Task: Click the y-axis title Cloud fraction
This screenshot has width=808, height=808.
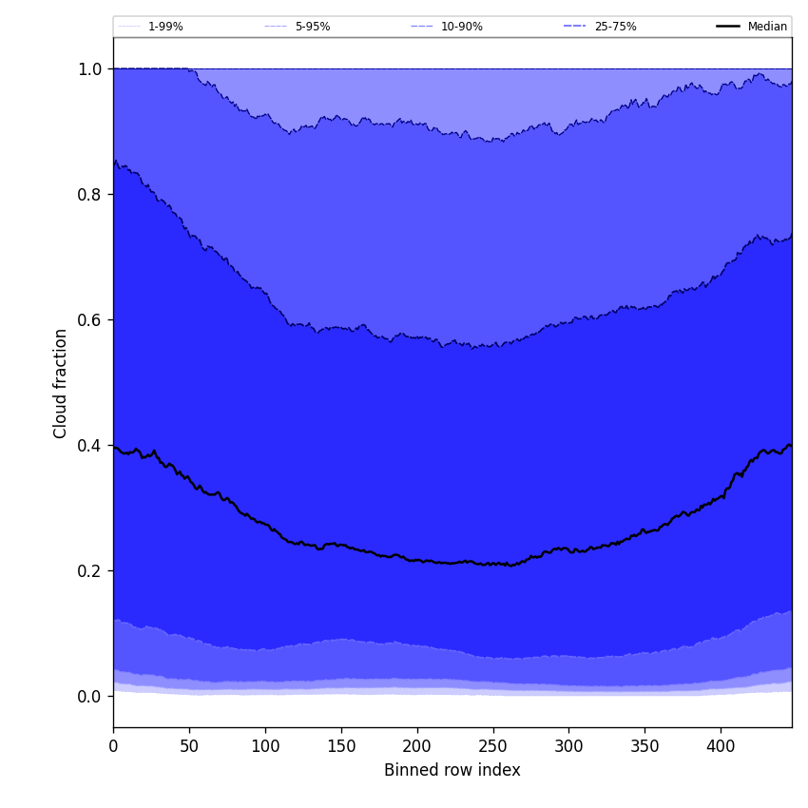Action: (61, 383)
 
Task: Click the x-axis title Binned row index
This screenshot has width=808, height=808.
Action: (452, 770)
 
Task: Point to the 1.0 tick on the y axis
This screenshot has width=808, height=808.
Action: (90, 69)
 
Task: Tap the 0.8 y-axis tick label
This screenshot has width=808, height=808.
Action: (90, 195)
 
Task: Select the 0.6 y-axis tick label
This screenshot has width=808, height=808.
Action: (90, 320)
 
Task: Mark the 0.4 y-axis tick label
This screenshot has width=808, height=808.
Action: (90, 446)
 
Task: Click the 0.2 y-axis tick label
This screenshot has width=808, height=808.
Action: (90, 571)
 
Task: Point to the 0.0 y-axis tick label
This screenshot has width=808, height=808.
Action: (90, 697)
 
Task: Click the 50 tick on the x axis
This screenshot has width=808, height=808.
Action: (189, 746)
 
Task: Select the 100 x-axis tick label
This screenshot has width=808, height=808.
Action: (265, 746)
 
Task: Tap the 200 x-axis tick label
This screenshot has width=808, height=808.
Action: (416, 746)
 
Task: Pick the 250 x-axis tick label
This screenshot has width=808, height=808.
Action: (492, 746)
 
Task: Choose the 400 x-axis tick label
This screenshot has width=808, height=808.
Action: (721, 746)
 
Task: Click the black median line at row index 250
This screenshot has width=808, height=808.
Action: (492, 564)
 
